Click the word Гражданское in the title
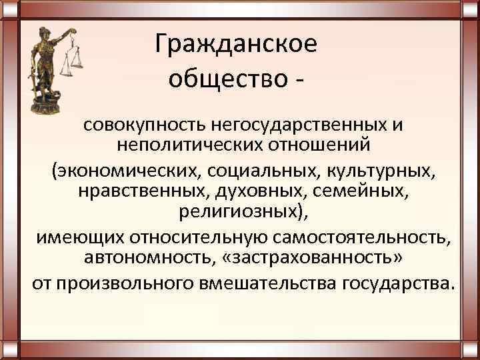[x=236, y=45]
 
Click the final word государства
[x=399, y=283]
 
